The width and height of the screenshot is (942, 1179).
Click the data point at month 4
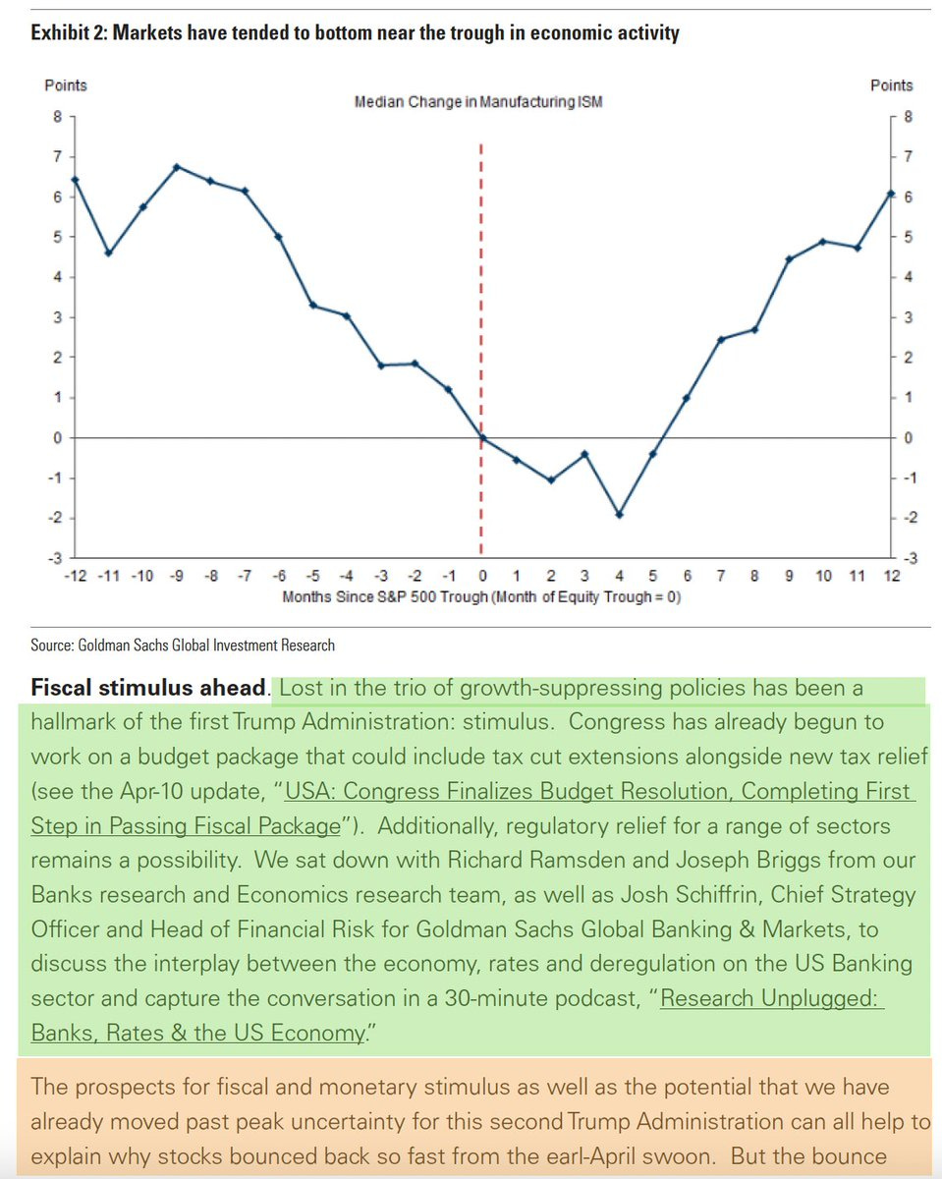[x=619, y=514]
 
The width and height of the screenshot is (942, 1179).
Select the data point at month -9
[x=177, y=167]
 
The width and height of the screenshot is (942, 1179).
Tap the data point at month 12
[x=890, y=194]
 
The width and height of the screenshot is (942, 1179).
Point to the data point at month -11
[x=109, y=253]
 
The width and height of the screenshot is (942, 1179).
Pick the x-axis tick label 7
[x=720, y=576]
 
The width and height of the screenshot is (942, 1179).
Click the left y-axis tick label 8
[x=58, y=116]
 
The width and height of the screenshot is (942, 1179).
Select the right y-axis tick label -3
[x=907, y=558]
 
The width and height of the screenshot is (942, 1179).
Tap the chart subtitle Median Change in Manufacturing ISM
[x=478, y=102]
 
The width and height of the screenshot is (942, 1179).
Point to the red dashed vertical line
[x=481, y=295]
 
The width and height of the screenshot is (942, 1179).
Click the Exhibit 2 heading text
[x=355, y=33]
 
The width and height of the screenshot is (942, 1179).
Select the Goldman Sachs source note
[x=184, y=646]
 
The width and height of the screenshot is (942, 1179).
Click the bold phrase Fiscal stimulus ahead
[x=149, y=689]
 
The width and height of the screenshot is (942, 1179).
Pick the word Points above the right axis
[x=891, y=85]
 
